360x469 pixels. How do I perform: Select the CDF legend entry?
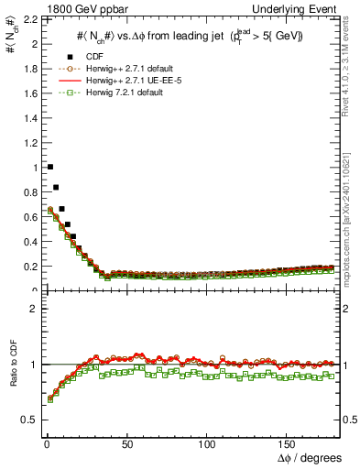(102, 57)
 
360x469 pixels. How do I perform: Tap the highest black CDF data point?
(49, 167)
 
